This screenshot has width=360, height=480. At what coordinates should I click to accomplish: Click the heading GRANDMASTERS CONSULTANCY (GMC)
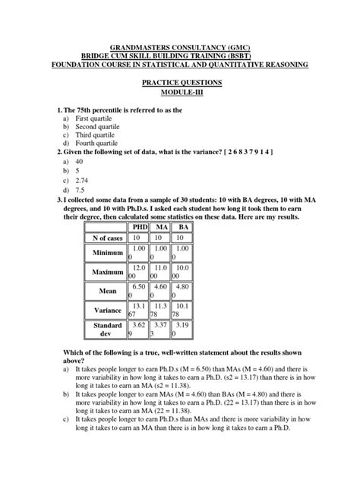tap(180, 47)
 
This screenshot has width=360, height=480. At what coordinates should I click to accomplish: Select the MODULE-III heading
tap(180, 91)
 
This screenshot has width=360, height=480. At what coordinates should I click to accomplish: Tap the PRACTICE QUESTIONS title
tap(180, 82)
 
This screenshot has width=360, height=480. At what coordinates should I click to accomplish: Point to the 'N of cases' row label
tap(107, 238)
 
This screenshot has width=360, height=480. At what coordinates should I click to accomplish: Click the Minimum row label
tap(107, 253)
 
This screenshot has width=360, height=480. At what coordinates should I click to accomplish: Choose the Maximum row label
tap(107, 272)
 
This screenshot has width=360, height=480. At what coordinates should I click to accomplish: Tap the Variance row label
tap(107, 310)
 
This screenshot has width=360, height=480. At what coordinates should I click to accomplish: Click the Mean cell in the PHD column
tap(137, 291)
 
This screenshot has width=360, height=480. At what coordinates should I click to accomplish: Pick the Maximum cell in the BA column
tap(184, 272)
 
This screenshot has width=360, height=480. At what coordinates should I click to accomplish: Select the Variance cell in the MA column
tap(161, 310)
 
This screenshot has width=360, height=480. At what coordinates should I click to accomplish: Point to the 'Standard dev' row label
tap(107, 329)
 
